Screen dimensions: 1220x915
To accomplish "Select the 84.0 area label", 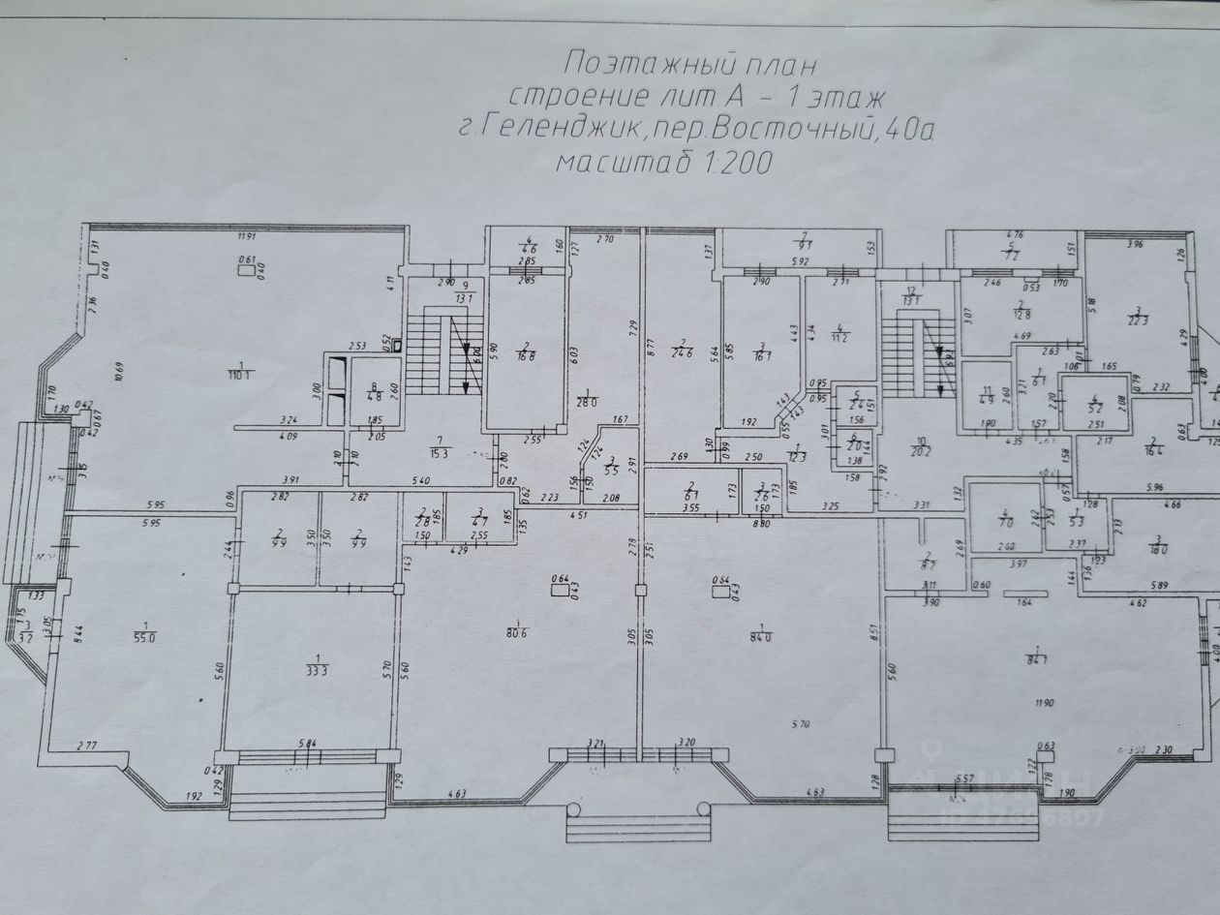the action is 763,636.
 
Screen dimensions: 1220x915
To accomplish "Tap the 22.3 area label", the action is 1135,321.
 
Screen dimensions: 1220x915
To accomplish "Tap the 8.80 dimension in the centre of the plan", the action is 761,524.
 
